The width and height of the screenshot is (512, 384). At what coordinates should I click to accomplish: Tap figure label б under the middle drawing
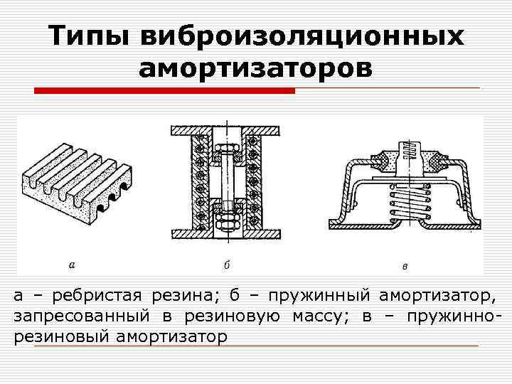[x=226, y=265]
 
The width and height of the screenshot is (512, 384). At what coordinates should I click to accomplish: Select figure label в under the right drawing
[x=404, y=267]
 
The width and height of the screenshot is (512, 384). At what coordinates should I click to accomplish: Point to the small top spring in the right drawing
[x=410, y=150]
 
